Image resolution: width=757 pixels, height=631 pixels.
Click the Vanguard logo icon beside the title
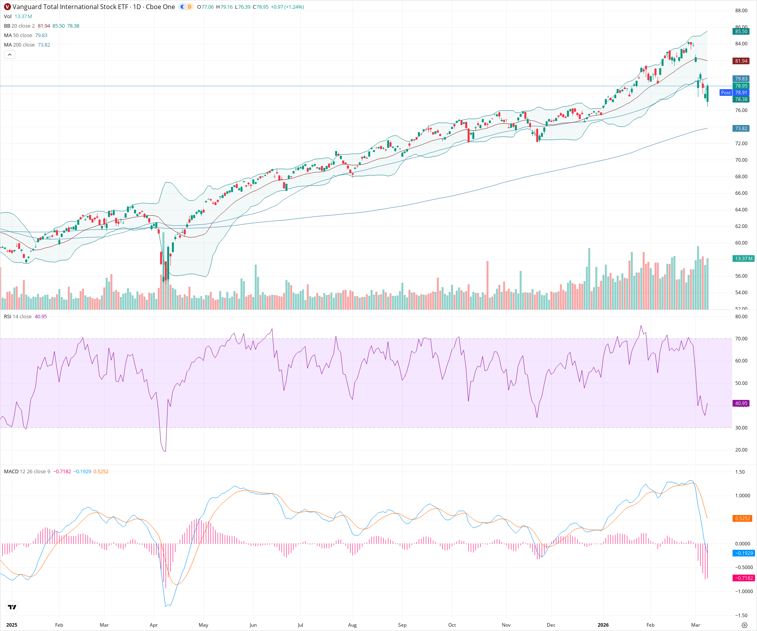coord(7,7)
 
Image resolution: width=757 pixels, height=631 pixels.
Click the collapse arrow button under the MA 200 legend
coord(9,54)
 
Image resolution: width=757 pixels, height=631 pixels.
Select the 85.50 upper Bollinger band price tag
coord(741,32)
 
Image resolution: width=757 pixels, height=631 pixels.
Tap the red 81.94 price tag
coord(741,61)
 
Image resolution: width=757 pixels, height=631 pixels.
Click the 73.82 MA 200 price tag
coord(741,129)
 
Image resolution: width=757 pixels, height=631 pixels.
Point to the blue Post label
coord(725,93)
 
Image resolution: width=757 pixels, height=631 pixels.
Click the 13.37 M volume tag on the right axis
coord(744,259)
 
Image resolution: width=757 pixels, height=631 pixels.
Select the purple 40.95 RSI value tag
coord(741,403)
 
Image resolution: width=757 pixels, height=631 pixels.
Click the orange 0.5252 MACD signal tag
coord(742,518)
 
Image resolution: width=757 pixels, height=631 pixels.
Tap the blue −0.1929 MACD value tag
coord(743,553)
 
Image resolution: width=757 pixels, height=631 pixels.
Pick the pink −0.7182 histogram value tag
coord(743,578)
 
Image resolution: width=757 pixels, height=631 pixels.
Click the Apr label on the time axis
coord(154,625)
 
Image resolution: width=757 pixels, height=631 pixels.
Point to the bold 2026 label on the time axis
coord(603,625)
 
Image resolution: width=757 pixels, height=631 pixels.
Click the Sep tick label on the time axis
coord(402,625)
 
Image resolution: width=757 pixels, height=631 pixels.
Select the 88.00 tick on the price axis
coord(741,11)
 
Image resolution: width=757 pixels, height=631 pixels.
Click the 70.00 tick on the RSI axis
coord(741,339)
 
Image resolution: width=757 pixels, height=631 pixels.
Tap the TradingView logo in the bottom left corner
coord(12,607)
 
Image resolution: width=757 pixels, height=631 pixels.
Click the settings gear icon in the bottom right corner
coord(744,625)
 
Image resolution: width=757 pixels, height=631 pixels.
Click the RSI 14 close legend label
coord(18,317)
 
